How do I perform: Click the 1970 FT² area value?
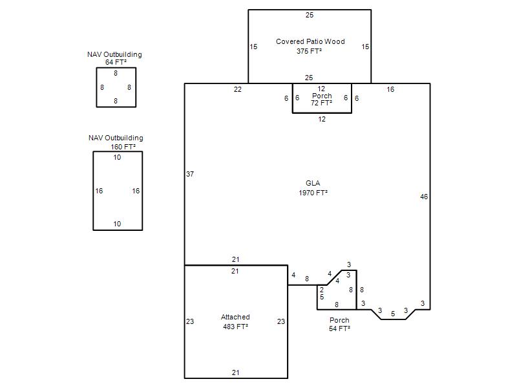click(x=313, y=192)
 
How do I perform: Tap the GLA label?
click(x=313, y=183)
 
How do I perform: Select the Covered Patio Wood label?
click(x=310, y=41)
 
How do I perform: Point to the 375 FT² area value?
click(x=309, y=51)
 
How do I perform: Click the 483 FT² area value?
click(x=235, y=327)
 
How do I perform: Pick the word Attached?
click(x=235, y=317)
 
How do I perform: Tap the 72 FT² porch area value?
click(x=321, y=103)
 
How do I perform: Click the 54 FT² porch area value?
click(x=340, y=329)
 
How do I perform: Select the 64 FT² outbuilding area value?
click(x=116, y=62)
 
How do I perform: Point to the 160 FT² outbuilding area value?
click(x=123, y=147)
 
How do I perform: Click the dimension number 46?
click(x=424, y=197)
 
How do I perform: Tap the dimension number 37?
click(x=190, y=174)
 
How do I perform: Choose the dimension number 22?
click(x=238, y=89)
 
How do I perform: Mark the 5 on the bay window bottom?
click(x=393, y=314)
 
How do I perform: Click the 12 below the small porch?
click(x=322, y=119)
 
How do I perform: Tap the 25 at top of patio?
click(x=310, y=15)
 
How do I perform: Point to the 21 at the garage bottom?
click(x=235, y=372)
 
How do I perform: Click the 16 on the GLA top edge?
click(x=390, y=89)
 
